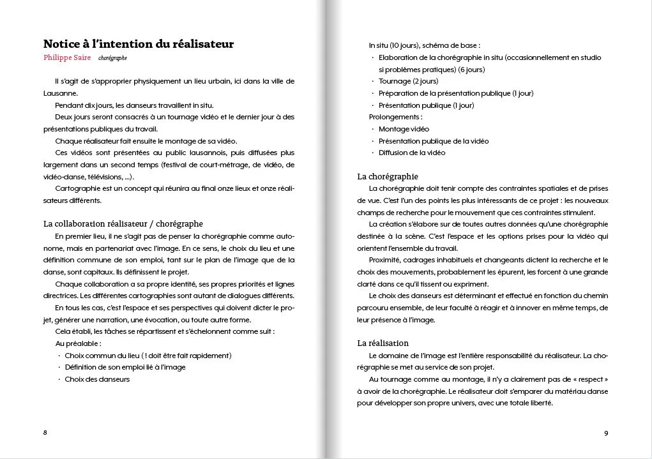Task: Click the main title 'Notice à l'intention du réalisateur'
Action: (139, 44)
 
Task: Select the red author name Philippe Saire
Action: (67, 58)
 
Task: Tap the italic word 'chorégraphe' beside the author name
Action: (112, 58)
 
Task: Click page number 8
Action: (45, 432)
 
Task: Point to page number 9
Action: (606, 433)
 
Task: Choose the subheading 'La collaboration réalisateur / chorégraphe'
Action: (123, 224)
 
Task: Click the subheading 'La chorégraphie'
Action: (388, 176)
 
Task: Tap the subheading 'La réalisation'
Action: (383, 343)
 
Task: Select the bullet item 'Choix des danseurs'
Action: (97, 379)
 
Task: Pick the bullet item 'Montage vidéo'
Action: (404, 129)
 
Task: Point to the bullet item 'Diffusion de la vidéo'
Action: (412, 153)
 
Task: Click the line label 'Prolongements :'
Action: (395, 117)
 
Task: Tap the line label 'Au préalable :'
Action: (79, 343)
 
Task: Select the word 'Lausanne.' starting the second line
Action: (61, 93)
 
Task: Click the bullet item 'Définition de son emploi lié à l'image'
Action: (125, 367)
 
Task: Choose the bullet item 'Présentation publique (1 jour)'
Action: (427, 105)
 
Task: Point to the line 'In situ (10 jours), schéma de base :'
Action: (425, 45)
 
